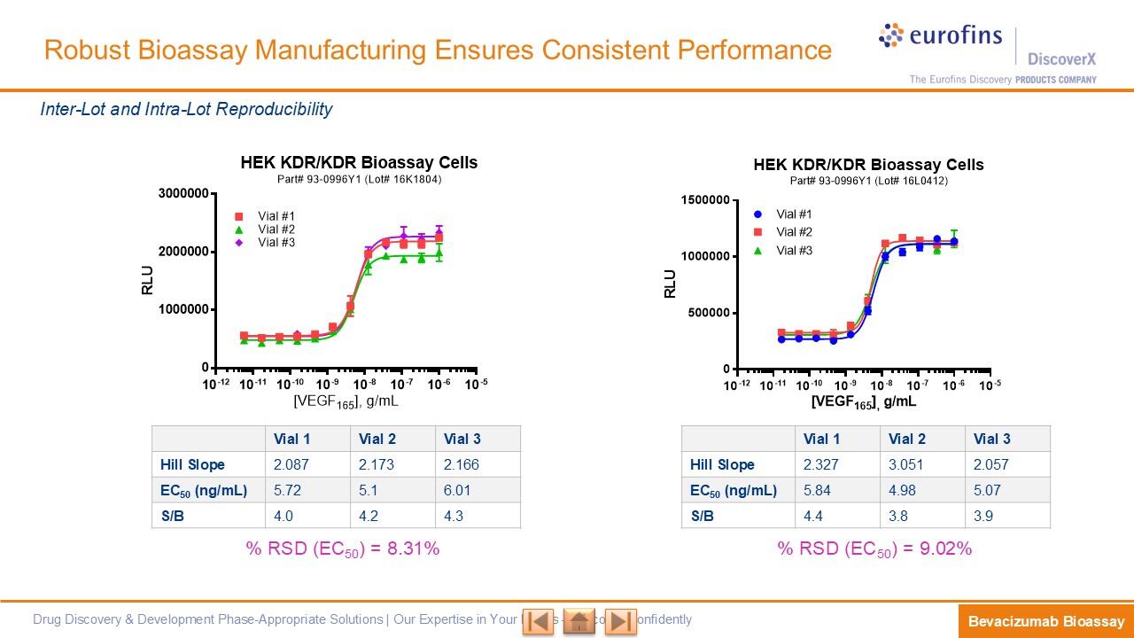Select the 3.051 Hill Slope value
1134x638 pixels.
(x=907, y=464)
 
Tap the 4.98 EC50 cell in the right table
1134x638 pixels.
(x=903, y=490)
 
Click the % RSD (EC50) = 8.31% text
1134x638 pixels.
(x=343, y=549)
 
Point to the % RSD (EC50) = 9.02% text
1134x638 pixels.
(x=874, y=549)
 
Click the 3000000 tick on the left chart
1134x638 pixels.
(x=183, y=194)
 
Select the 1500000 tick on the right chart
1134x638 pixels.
(x=705, y=200)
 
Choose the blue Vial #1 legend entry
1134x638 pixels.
(x=784, y=214)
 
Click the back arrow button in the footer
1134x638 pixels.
(x=538, y=621)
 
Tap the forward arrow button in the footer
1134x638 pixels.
(x=620, y=621)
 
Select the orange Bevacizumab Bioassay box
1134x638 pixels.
(x=1045, y=621)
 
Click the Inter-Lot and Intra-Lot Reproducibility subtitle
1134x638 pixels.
(x=186, y=109)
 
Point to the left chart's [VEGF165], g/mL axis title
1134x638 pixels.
(x=346, y=401)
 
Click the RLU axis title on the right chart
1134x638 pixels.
(x=671, y=284)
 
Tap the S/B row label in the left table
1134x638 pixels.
(x=173, y=516)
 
